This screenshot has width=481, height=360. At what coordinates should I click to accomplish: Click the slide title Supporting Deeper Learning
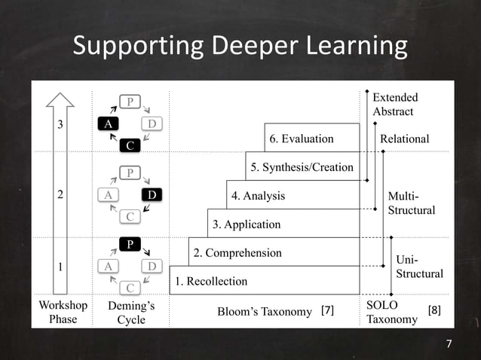[x=240, y=47]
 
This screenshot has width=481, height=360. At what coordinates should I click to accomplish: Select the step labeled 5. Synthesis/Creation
[x=302, y=167]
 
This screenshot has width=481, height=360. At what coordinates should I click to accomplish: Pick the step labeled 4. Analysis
[x=258, y=196]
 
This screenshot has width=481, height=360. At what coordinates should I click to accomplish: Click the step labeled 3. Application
[x=247, y=224]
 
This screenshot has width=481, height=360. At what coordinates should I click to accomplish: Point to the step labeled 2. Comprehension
[x=237, y=253]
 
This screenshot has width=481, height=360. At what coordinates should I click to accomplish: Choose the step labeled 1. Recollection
[x=211, y=282]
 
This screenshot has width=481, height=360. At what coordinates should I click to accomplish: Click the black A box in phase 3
[x=109, y=124]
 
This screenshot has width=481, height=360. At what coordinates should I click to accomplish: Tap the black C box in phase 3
[x=130, y=145]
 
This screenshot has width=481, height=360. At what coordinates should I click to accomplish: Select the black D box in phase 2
[x=152, y=195]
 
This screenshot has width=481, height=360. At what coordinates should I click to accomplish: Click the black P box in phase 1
[x=130, y=244]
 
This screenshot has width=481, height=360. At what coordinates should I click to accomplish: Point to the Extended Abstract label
[x=394, y=105]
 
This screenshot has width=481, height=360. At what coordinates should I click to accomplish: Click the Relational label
[x=404, y=139]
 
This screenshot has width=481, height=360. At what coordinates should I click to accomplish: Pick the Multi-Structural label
[x=411, y=203]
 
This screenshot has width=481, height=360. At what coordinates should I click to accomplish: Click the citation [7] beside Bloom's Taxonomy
[x=327, y=310]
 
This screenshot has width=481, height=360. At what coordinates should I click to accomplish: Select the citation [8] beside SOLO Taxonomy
[x=436, y=310]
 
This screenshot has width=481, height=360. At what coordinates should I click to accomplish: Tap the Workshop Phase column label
[x=63, y=313]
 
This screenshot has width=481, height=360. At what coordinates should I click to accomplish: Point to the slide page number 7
[x=449, y=344]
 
